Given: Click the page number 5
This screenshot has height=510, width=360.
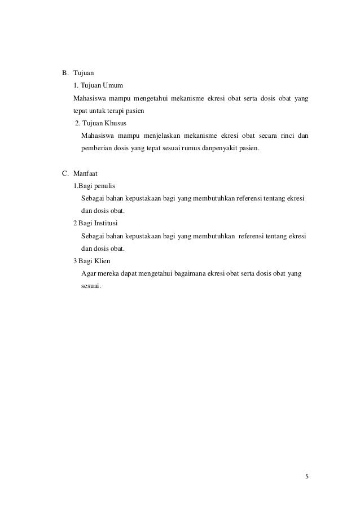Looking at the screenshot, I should [x=306, y=477].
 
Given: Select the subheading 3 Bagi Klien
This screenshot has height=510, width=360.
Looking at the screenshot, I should [x=92, y=261].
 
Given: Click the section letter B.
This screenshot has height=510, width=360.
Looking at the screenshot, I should [x=64, y=73].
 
